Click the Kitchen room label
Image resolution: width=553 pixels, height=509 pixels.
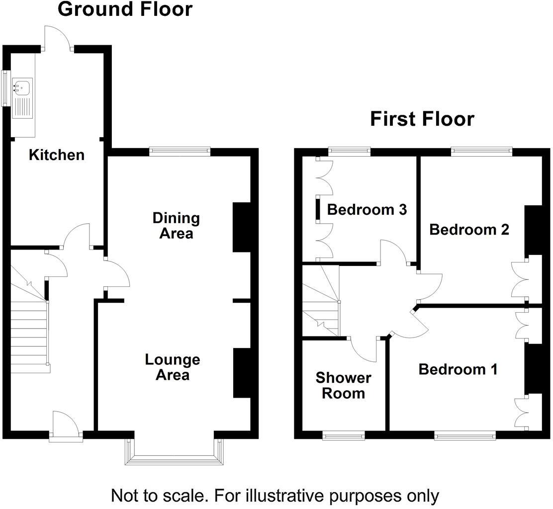point(57,155)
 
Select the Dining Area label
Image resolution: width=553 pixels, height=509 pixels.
point(176,225)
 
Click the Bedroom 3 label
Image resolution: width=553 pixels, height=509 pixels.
point(367,210)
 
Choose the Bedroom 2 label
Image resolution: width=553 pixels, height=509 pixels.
point(469,230)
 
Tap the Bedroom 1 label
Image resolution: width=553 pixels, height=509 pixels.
point(458,369)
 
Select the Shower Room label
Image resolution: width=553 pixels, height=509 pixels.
point(343,386)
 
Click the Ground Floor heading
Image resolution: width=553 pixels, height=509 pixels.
point(125,9)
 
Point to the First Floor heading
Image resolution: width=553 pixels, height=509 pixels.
point(422,119)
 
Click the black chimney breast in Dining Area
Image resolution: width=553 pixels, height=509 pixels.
point(242,227)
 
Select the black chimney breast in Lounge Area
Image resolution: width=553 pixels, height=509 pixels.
point(242,373)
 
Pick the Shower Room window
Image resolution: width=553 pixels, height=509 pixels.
point(343,436)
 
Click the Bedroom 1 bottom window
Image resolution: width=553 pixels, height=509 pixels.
point(465,436)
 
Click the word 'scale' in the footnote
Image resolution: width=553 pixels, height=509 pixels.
point(189,496)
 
